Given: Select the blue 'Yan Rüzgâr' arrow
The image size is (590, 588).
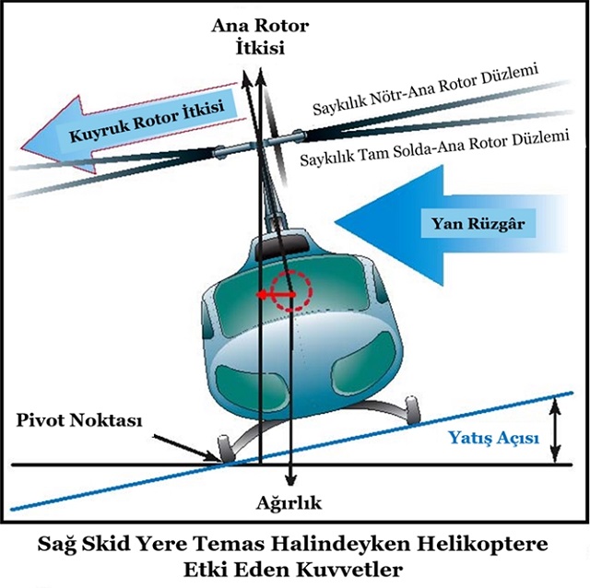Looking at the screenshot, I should pos(442,222).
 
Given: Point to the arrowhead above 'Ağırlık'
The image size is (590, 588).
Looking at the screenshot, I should pos(290,481).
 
